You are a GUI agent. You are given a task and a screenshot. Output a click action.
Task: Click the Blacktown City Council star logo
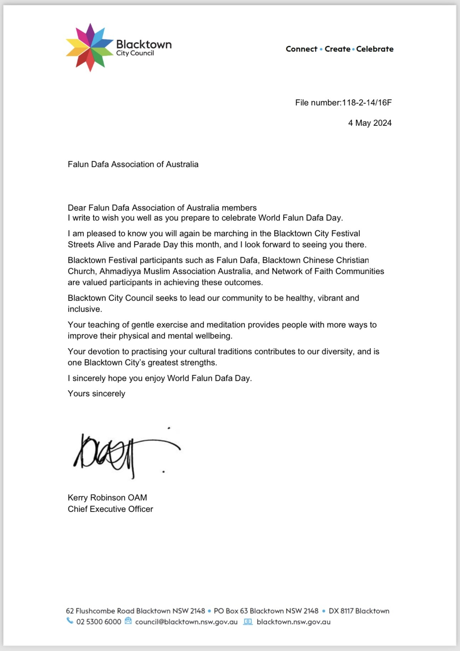90,47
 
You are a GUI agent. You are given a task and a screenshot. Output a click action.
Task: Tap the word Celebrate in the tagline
374,49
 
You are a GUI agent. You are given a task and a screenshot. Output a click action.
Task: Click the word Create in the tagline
337,49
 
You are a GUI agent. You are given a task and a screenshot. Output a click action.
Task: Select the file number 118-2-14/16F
367,103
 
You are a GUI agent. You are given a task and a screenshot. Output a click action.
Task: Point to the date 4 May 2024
370,123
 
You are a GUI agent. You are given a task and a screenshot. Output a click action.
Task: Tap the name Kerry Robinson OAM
107,498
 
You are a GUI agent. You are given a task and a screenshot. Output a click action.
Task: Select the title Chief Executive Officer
110,509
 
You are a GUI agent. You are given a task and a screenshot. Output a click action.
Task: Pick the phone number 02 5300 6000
99,622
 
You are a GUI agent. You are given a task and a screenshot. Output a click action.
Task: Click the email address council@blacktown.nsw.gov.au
186,622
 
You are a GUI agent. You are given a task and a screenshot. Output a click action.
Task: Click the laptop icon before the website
248,622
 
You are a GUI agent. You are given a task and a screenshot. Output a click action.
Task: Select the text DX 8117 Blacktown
359,611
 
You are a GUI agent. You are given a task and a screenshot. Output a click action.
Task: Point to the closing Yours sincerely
96,394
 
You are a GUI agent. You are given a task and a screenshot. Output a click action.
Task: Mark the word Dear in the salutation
77,208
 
